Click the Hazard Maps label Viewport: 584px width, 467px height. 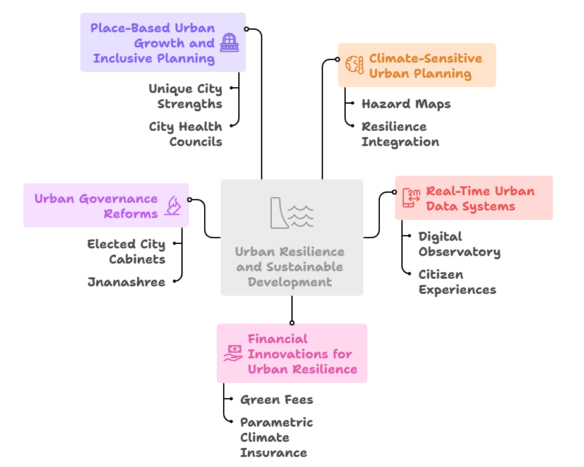406,104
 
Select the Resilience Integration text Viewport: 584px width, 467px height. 400,134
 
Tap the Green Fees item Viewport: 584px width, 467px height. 276,399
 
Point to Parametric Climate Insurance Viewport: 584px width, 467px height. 276,437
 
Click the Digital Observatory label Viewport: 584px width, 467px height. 459,244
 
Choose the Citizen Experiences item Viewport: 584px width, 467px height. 457,282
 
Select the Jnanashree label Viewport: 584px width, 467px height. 126,282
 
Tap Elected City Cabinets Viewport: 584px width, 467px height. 126,252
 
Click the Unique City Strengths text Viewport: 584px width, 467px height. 185,96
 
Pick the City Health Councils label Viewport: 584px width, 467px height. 185,134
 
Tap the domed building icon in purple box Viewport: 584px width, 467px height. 229,44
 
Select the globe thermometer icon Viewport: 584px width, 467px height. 354,64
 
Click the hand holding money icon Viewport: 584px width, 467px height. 233,353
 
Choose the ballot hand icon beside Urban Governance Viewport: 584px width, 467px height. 173,205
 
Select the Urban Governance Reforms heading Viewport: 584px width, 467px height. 96,206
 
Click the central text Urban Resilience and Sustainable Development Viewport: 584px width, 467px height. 291,267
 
